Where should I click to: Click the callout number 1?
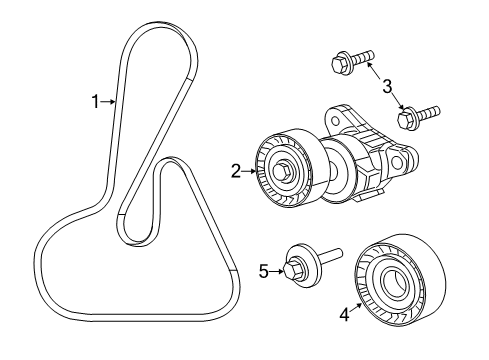pos(96,100)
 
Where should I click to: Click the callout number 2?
pos(236,172)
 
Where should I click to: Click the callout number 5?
pos(264,269)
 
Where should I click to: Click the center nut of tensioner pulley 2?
pos(284,172)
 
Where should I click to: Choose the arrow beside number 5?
pos(277,269)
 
